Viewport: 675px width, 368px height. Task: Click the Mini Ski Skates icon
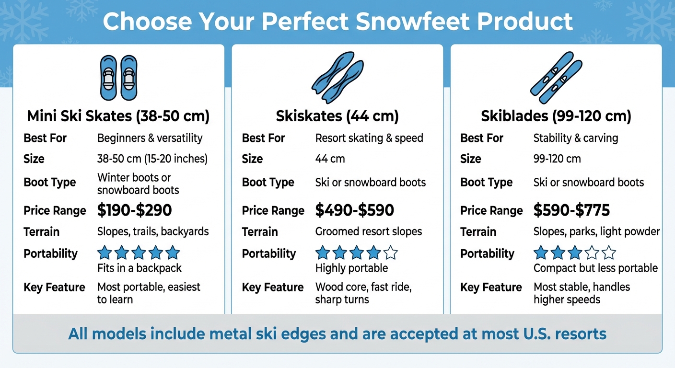pyautogui.click(x=118, y=77)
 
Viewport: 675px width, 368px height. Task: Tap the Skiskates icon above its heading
pyautogui.click(x=337, y=77)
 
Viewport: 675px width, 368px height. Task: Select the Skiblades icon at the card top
pyautogui.click(x=556, y=77)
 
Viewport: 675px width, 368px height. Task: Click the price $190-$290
pyautogui.click(x=134, y=210)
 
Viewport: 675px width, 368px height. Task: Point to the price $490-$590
pyautogui.click(x=354, y=210)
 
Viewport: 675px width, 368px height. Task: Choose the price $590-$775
pyautogui.click(x=571, y=210)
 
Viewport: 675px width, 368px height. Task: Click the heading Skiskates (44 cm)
pyautogui.click(x=337, y=116)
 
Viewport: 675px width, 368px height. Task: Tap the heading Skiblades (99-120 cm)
pyautogui.click(x=556, y=116)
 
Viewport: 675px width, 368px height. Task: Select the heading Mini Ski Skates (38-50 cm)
pyautogui.click(x=118, y=116)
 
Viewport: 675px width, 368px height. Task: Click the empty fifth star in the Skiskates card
pyautogui.click(x=391, y=253)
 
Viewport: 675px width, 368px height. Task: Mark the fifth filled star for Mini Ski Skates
pyautogui.click(x=173, y=253)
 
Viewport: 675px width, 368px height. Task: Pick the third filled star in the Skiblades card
pyautogui.click(x=574, y=253)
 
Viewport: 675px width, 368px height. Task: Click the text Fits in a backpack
pyautogui.click(x=140, y=268)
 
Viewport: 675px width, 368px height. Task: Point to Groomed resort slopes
pyautogui.click(x=369, y=232)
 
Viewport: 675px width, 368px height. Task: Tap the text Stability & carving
pyautogui.click(x=576, y=138)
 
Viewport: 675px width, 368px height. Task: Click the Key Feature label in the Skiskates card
pyautogui.click(x=273, y=287)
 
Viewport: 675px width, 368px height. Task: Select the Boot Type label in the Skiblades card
pyautogui.click(x=486, y=183)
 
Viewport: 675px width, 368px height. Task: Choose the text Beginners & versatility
pyautogui.click(x=150, y=138)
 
